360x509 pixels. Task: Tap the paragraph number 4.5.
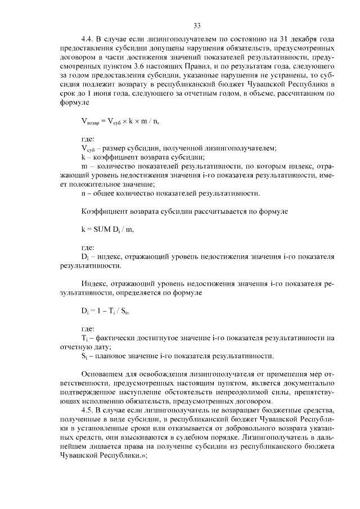(87, 411)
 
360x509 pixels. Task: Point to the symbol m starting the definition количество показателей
(84, 166)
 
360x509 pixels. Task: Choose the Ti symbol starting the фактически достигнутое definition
(84, 337)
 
